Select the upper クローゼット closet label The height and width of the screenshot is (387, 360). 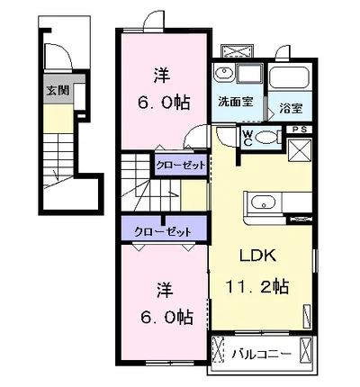[181, 166]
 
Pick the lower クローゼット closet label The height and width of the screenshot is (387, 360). [163, 231]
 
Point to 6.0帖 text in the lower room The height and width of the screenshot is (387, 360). [162, 316]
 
